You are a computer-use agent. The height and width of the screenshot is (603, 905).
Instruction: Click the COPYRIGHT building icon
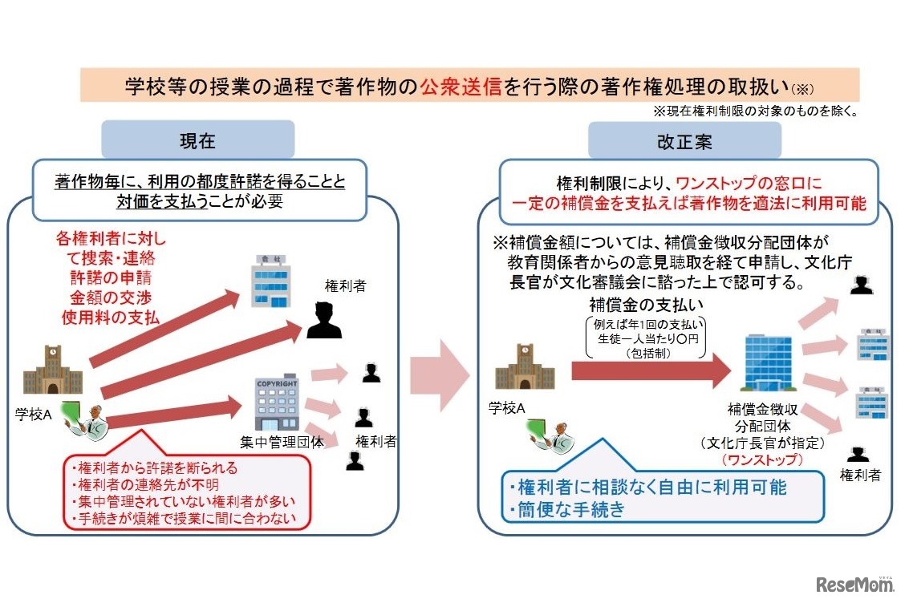276,404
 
